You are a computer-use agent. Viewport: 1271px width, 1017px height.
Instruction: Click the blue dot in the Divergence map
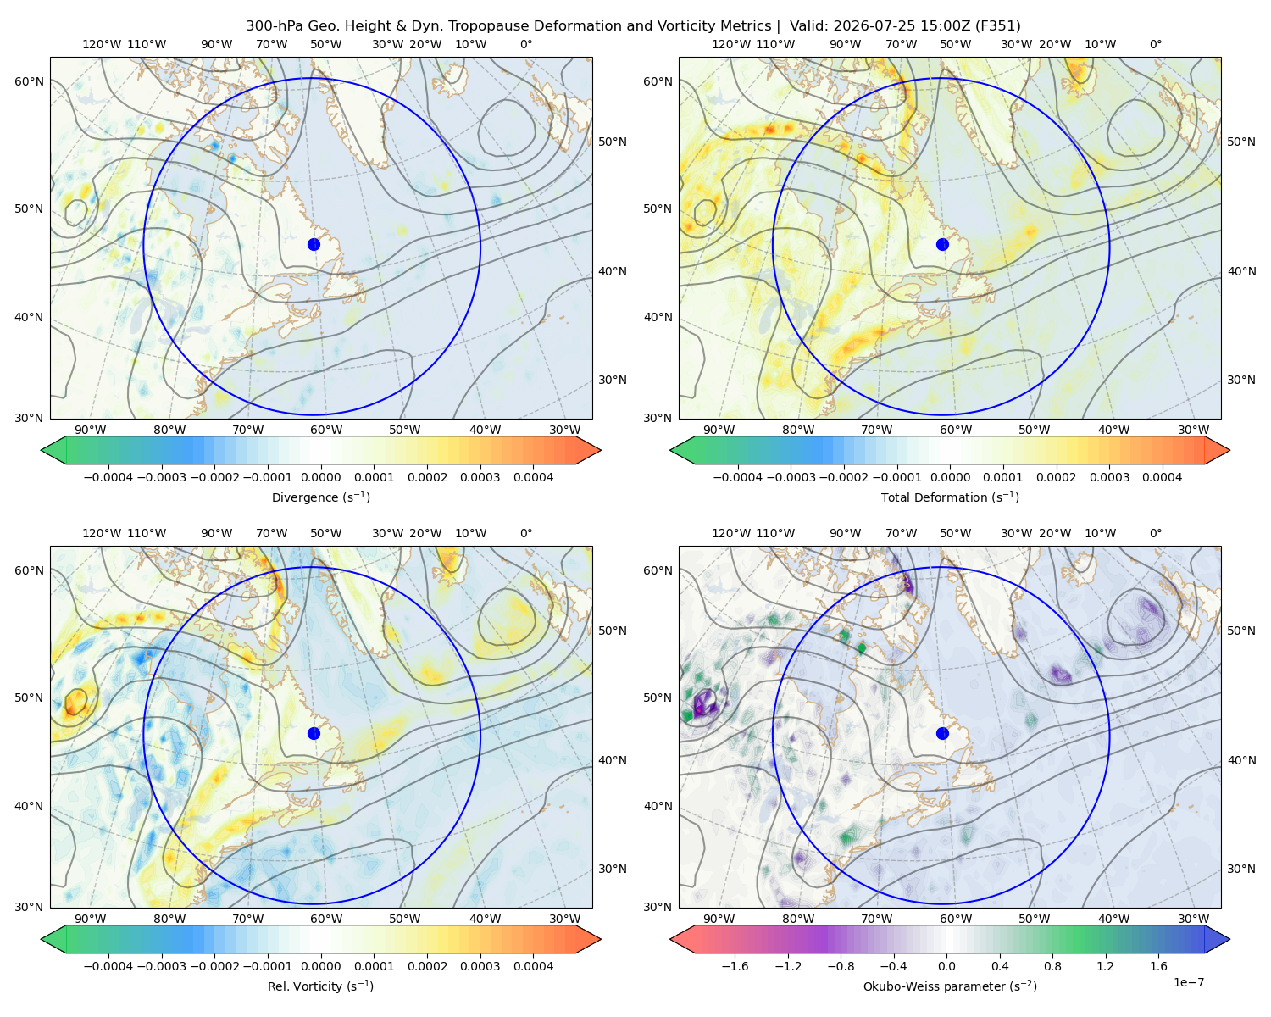tap(314, 244)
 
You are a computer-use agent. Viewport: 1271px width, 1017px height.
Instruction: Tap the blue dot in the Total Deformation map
tap(942, 244)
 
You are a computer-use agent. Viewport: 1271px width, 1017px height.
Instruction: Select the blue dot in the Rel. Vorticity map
tap(314, 733)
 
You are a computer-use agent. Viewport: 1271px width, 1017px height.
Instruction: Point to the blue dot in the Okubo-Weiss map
tap(942, 733)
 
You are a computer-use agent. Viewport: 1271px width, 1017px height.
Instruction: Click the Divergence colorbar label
tap(320, 497)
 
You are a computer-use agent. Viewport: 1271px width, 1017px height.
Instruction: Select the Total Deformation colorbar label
tap(950, 497)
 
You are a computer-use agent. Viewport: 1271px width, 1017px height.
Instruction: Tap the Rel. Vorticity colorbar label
tap(320, 986)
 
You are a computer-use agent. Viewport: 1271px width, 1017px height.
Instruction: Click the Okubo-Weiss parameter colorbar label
tap(950, 986)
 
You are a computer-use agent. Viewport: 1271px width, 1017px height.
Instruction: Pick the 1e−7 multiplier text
tap(1188, 982)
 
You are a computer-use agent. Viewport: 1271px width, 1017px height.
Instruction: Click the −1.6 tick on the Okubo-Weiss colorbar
tap(735, 965)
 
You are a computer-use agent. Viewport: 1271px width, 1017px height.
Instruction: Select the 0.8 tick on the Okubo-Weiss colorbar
tap(1052, 965)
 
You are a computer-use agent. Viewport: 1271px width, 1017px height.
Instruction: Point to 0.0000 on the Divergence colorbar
tap(320, 477)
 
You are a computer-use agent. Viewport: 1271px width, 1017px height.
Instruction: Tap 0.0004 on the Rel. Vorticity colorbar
tap(533, 965)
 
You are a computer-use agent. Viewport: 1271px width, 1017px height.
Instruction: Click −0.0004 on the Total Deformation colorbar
tap(737, 477)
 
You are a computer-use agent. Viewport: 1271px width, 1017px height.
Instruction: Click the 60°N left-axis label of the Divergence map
tap(29, 81)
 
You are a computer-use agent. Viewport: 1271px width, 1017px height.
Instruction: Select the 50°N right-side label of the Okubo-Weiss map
tap(1241, 630)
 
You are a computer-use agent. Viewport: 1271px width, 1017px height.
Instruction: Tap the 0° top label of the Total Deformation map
tap(1155, 44)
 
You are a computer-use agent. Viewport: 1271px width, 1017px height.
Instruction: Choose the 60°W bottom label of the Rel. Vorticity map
tap(326, 919)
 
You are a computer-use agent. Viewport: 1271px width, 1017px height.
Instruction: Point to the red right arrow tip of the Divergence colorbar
tap(600, 450)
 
